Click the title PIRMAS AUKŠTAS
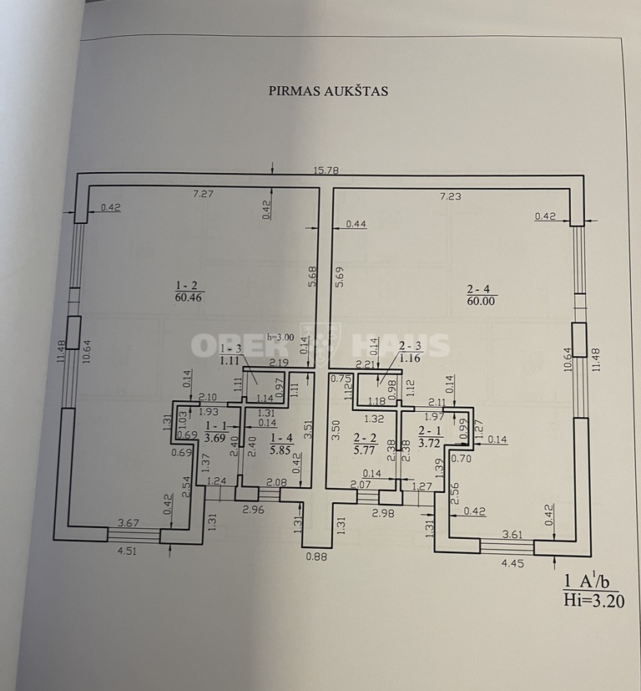pos(328,91)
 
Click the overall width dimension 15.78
pos(326,170)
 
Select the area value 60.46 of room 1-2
pos(189,297)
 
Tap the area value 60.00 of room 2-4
pos(481,301)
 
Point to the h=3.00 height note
pos(280,337)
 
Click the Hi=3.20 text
pos(594,601)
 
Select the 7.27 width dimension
pos(204,194)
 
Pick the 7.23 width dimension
pos(451,196)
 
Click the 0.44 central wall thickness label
pos(356,224)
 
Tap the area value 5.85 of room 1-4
pos(282,450)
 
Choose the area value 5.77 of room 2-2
pos(365,450)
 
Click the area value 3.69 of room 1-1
pos(216,438)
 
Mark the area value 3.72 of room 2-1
pos(430,443)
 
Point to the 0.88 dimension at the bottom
pos(316,556)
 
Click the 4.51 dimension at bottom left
pos(127,551)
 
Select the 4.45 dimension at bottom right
pos(513,563)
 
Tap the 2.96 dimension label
pos(254,510)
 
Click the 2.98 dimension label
pos(383,513)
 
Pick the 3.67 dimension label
pos(129,523)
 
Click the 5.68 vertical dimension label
pos(313,277)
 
